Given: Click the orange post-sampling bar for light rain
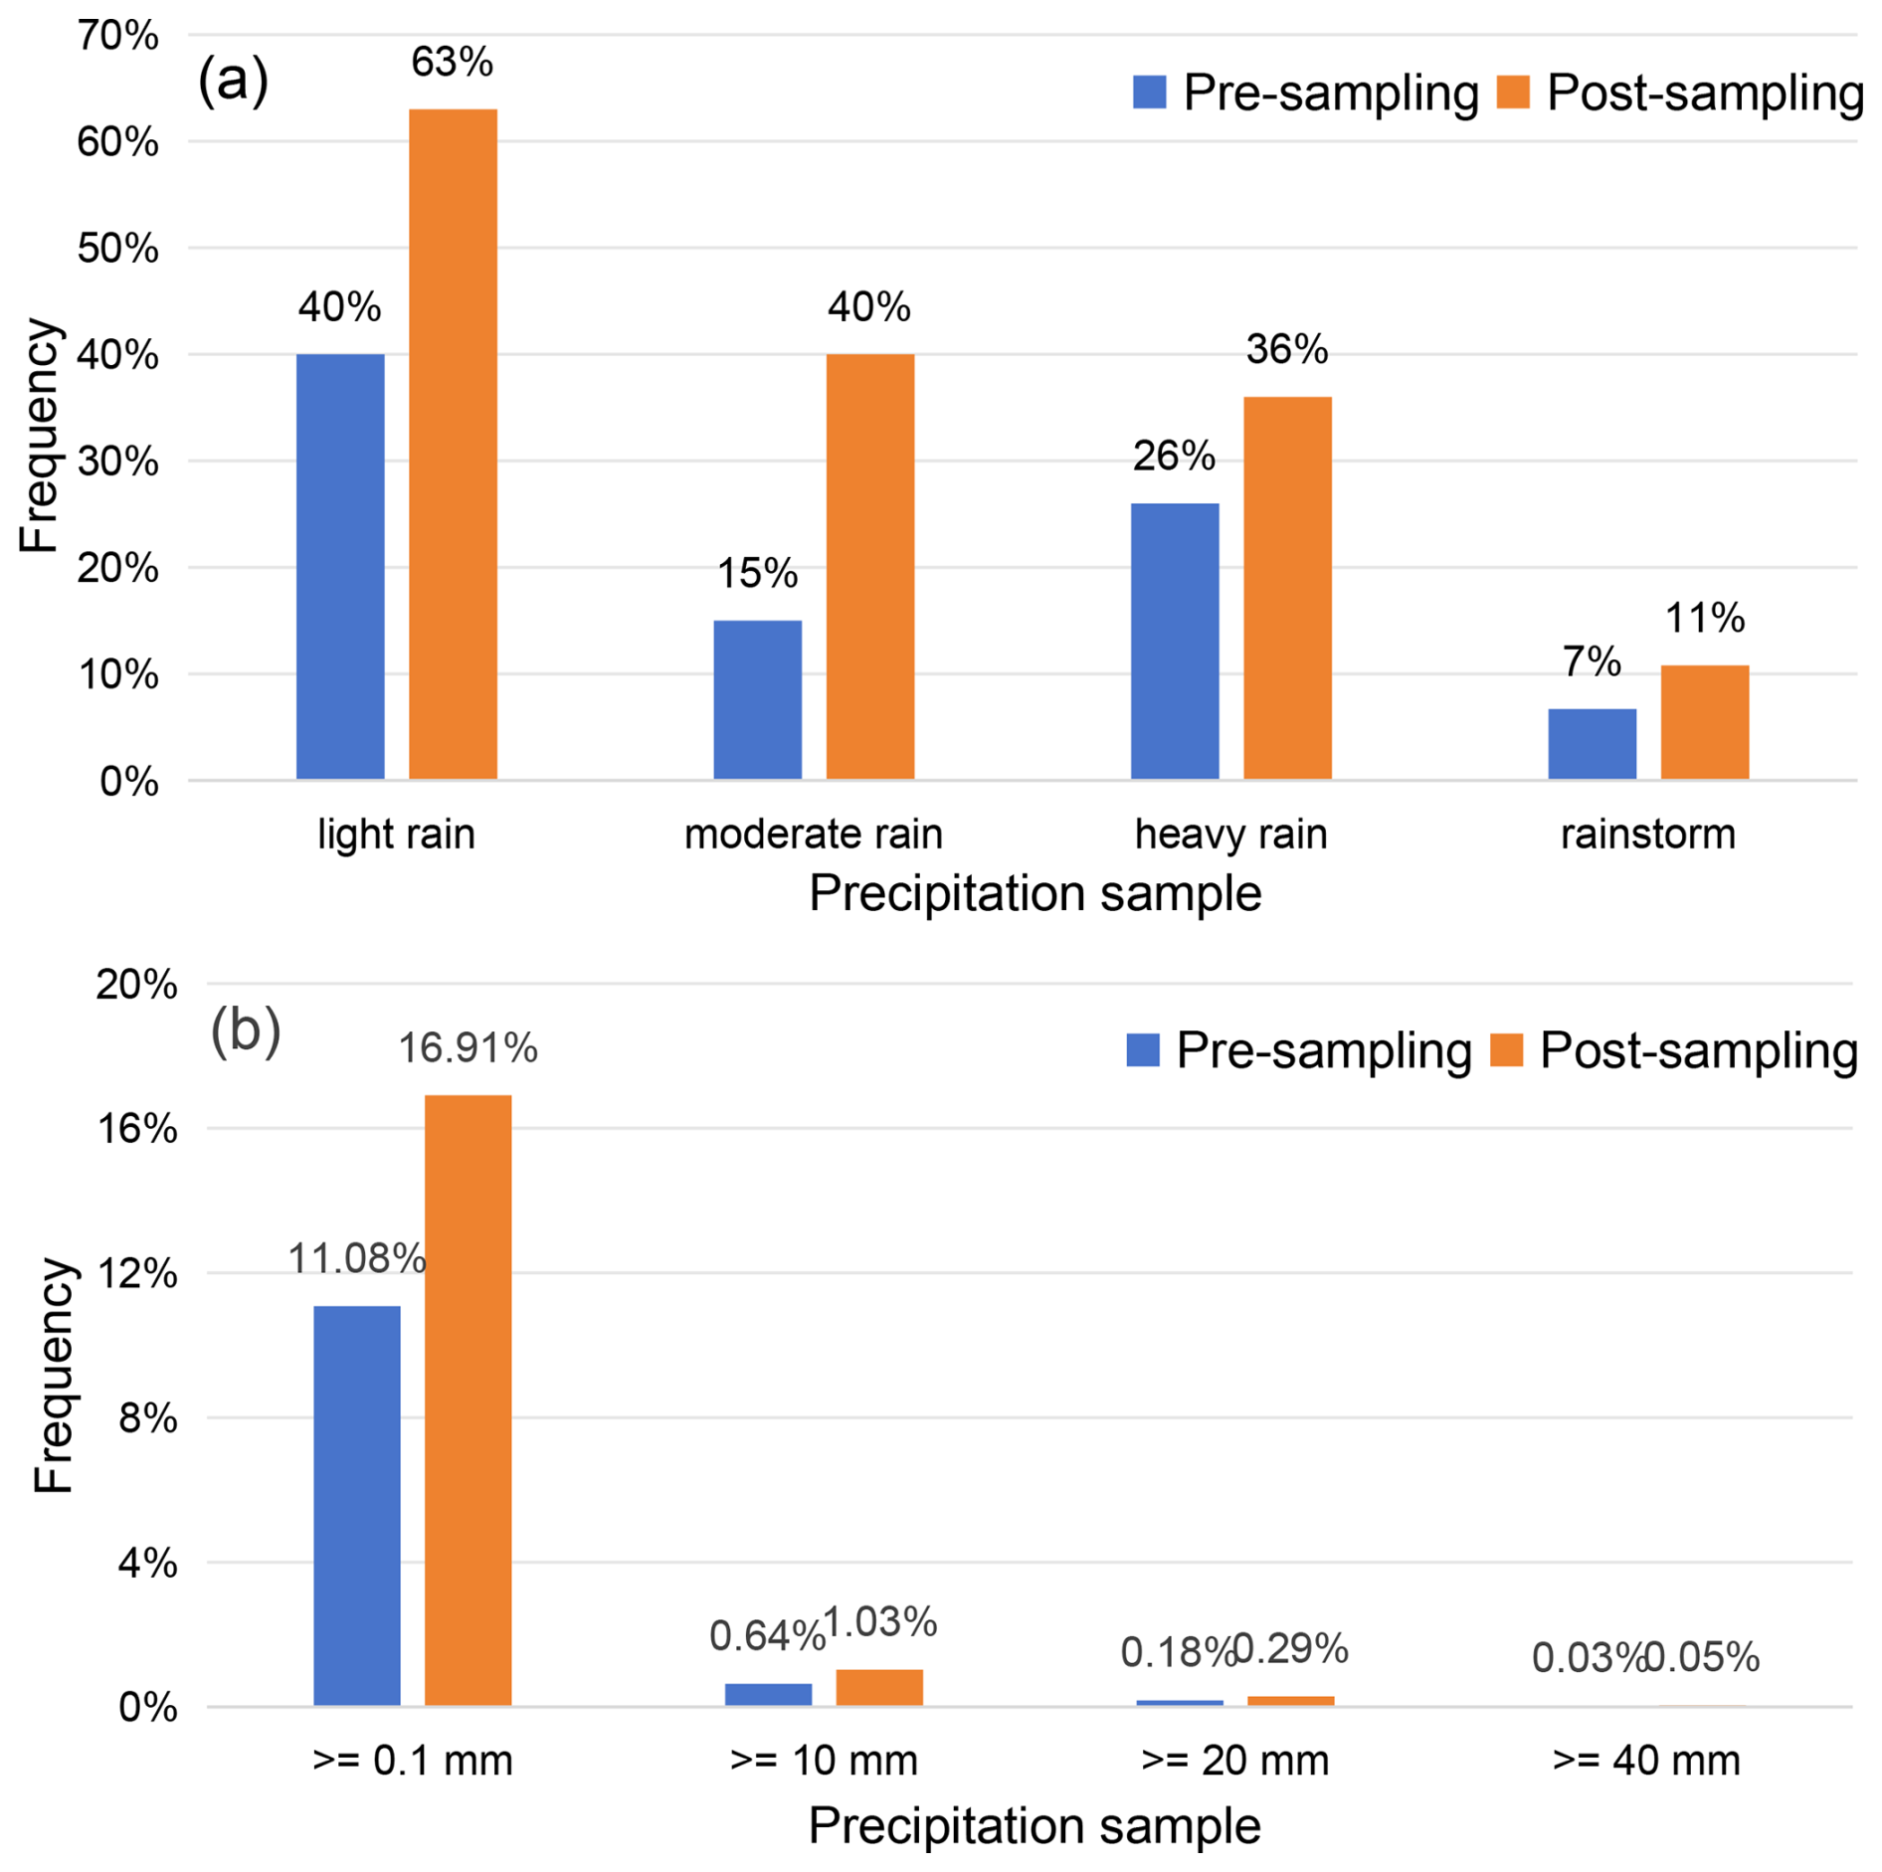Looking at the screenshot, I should [x=453, y=444].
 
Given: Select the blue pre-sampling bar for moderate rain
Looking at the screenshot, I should [x=757, y=699].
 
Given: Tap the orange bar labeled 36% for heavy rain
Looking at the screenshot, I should [x=1287, y=587].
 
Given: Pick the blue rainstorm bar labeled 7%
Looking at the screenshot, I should [x=1592, y=743].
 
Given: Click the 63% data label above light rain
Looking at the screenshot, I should [x=452, y=63].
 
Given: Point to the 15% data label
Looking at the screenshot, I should [x=757, y=574].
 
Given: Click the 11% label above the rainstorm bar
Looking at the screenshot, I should [x=1705, y=619].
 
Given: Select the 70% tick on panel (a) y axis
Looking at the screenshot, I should [x=117, y=36].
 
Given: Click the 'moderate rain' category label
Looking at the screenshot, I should [x=813, y=834].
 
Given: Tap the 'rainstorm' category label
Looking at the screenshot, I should [x=1647, y=834].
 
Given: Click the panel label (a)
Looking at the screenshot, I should [x=233, y=80].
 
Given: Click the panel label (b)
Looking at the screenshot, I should [x=246, y=1030].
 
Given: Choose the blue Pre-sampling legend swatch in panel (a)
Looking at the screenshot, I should [x=1149, y=93].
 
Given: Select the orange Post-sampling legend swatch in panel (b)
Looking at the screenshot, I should [x=1506, y=1050].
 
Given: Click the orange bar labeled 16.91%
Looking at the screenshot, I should [x=468, y=1401].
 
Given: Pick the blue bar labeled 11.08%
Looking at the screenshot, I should [x=356, y=1506].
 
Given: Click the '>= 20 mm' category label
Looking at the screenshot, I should [x=1234, y=1761].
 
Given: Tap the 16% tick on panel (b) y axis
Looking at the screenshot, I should [x=136, y=1129].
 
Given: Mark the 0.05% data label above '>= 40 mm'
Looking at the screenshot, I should [x=1703, y=1658].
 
